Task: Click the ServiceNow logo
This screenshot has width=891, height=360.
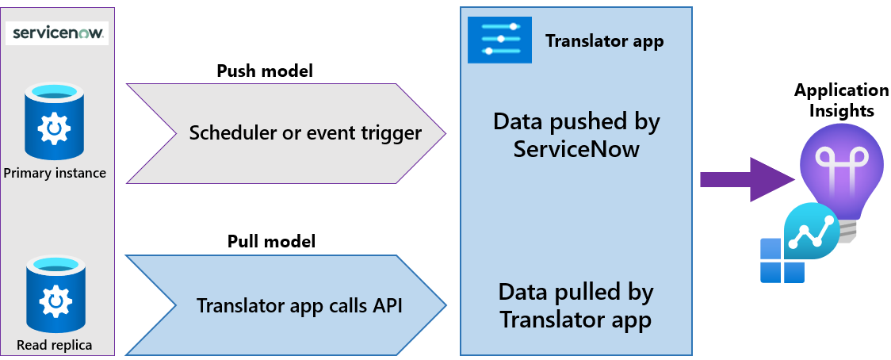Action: [57, 34]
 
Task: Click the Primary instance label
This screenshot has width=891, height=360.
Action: [55, 173]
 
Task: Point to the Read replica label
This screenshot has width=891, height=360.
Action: [54, 345]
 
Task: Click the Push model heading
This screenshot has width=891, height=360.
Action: [265, 71]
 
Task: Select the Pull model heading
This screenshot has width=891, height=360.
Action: [271, 241]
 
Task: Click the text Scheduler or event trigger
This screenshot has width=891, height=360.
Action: [305, 132]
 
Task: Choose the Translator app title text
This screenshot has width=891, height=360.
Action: [604, 40]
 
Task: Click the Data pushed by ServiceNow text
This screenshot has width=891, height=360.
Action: [576, 135]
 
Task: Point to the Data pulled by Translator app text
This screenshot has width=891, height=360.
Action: [576, 305]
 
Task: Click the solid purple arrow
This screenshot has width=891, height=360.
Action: [745, 179]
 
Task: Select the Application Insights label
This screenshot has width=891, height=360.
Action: [841, 100]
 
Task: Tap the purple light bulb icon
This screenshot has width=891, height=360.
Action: [839, 170]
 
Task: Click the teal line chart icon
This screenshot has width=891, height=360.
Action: [811, 230]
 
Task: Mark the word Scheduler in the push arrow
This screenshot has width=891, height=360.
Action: [228, 132]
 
